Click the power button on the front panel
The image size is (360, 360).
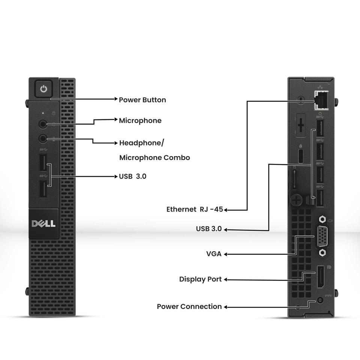tap(44, 89)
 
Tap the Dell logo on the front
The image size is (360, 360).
tap(43, 223)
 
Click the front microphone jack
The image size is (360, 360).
tap(43, 123)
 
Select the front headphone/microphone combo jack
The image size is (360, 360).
tap(43, 139)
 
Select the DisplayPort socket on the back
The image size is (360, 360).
tap(321, 277)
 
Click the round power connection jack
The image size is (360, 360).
tap(320, 300)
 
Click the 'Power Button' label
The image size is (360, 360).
tap(142, 100)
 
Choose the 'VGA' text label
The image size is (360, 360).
tap(214, 254)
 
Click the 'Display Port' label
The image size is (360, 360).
tap(200, 279)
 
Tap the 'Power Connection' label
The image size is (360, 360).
tap(189, 306)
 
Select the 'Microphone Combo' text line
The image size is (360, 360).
tap(154, 157)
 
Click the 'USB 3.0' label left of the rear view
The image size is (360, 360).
tap(209, 229)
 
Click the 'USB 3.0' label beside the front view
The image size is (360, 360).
tap(132, 176)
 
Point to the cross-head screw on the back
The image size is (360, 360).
tap(297, 199)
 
